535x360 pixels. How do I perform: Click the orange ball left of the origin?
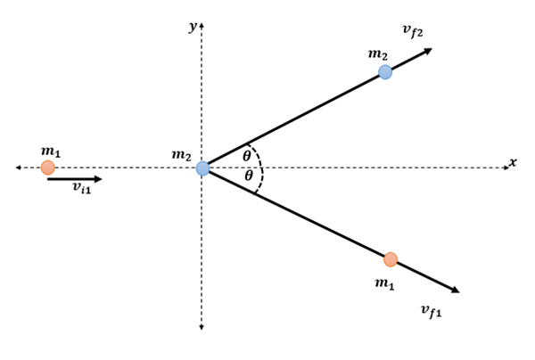tap(47, 168)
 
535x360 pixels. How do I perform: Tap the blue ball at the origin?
tap(203, 168)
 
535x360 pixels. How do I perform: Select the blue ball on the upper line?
tap(384, 72)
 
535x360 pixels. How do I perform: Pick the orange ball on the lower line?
tap(390, 259)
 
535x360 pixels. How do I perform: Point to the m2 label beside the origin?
tap(182, 155)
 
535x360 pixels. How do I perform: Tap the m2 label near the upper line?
tap(378, 53)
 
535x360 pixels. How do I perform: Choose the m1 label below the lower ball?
tap(384, 283)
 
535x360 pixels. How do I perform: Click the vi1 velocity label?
tap(81, 190)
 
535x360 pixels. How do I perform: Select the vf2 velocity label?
tap(412, 31)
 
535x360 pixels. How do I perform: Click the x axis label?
tap(513, 162)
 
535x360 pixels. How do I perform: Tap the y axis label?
tap(192, 27)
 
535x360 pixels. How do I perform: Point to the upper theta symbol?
tap(247, 157)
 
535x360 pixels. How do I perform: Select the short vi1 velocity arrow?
tap(75, 179)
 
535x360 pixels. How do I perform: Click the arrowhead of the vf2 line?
tap(427, 51)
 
